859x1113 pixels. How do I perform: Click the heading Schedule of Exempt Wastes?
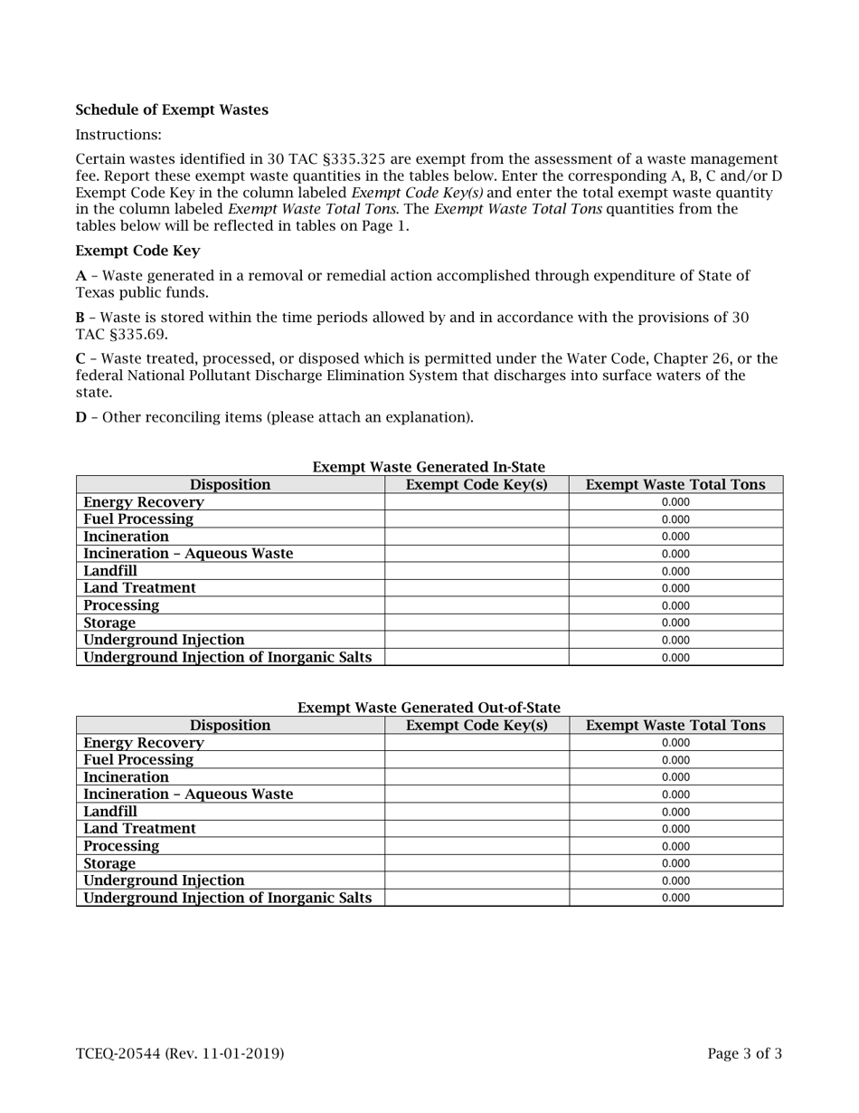(x=172, y=110)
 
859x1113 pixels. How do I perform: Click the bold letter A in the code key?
(x=80, y=275)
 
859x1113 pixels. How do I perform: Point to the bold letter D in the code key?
(x=80, y=417)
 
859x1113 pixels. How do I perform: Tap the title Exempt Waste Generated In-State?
(x=429, y=467)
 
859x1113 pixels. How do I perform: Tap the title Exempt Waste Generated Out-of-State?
(x=429, y=708)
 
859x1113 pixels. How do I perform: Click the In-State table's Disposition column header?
(x=230, y=485)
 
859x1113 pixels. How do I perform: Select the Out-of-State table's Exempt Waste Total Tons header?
(x=675, y=726)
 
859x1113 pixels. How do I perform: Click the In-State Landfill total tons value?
(x=675, y=571)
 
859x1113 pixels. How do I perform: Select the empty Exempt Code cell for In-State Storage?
(x=477, y=623)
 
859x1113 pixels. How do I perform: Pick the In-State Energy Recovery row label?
(x=144, y=502)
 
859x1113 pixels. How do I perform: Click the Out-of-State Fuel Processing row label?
(x=138, y=760)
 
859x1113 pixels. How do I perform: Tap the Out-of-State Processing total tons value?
(x=675, y=846)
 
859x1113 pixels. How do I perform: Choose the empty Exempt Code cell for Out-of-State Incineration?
(x=477, y=777)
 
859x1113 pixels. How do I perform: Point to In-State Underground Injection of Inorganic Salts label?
(x=227, y=657)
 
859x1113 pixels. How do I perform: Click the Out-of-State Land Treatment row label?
(x=139, y=829)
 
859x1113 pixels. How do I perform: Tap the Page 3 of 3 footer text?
(x=744, y=1053)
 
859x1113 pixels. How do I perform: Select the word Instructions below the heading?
(x=118, y=135)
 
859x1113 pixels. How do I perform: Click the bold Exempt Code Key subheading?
(x=137, y=251)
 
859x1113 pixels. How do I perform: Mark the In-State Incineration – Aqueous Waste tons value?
(x=675, y=554)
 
